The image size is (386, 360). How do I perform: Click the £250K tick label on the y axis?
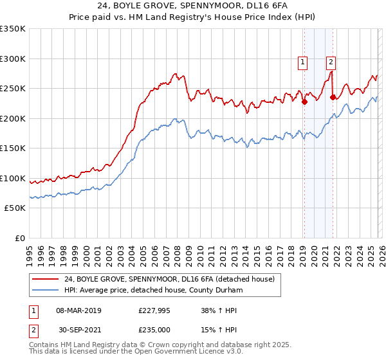13,88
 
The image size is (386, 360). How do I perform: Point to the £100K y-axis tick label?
13,178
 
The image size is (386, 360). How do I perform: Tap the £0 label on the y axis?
20,238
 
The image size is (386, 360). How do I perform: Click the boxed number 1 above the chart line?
302,62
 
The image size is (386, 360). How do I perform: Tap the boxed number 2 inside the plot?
331,62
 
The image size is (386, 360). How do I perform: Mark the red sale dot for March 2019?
304,101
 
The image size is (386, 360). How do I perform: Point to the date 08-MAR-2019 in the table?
78,310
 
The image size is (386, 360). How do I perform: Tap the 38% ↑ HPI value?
219,310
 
